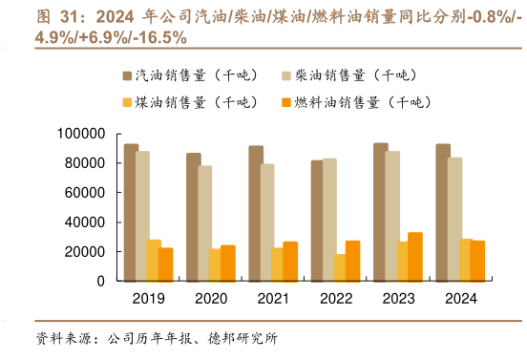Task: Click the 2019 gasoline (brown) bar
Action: coord(131,212)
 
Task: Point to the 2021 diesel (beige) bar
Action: coord(268,222)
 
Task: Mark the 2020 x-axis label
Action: coord(212,300)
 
